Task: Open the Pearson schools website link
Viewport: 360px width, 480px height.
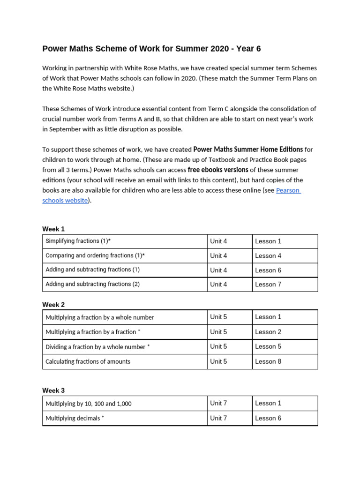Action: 288,190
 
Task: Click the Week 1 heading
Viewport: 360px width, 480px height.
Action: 53,229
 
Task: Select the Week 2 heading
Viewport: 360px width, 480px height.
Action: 53,304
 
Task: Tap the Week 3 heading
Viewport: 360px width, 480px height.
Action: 53,390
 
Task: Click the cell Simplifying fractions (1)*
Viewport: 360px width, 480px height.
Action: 78,241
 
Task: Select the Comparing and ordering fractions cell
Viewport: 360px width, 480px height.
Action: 95,255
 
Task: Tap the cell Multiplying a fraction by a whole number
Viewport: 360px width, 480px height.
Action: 100,317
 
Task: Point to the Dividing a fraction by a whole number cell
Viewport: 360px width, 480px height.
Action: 97,347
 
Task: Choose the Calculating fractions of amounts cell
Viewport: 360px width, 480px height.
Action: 88,361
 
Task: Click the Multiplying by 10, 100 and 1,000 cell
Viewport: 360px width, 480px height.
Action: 89,404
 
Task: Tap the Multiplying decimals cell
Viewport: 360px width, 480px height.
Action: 75,418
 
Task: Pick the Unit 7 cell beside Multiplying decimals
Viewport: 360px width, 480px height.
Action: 218,418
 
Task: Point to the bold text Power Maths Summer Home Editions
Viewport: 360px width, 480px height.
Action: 248,150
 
